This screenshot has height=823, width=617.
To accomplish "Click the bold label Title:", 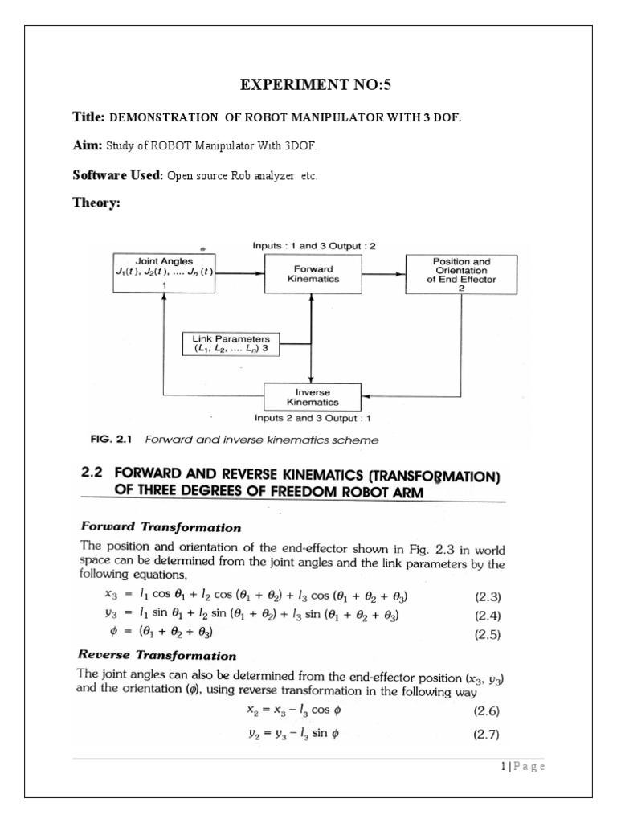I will click(88, 117).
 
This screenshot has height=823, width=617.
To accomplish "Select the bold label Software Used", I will click(117, 174).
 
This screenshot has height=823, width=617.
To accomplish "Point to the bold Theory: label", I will click(96, 203).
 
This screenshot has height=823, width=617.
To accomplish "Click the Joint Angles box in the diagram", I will click(164, 272).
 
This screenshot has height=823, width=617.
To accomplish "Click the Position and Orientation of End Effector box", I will click(462, 274).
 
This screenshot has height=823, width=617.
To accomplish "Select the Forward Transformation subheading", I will click(161, 527).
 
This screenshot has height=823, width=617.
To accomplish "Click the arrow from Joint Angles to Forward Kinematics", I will click(241, 273).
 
